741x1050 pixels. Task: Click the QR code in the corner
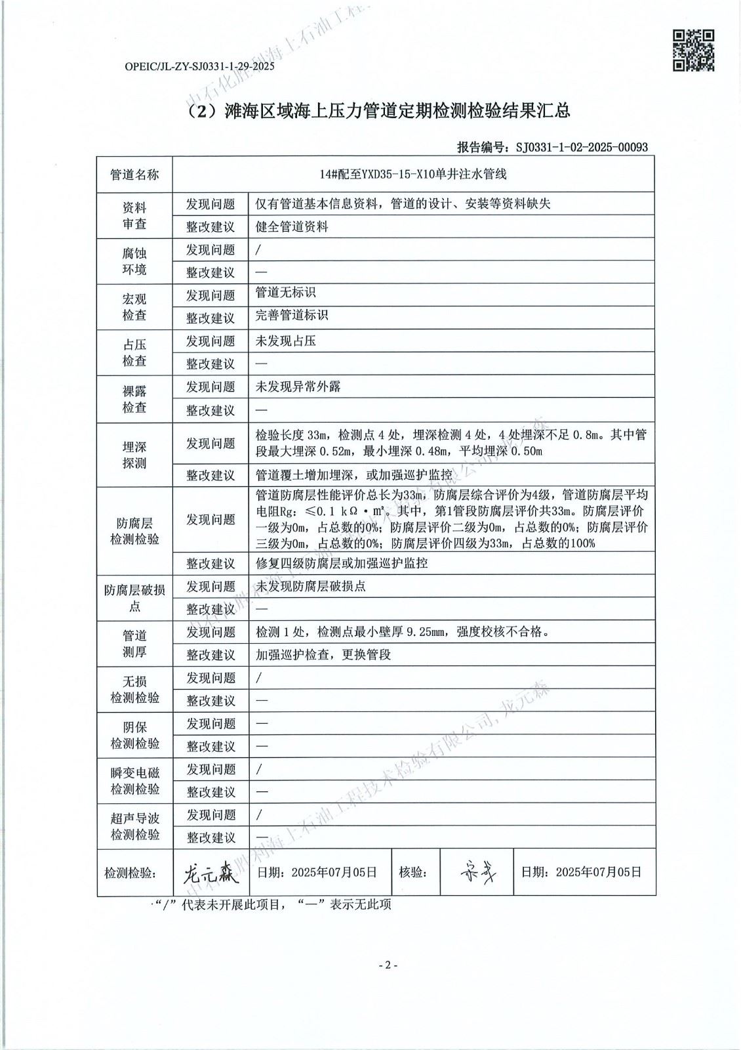tap(694, 51)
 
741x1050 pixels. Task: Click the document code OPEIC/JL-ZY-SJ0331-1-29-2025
tap(199, 66)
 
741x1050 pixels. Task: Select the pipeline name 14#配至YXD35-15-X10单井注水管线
tap(412, 175)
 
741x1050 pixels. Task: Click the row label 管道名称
tap(134, 175)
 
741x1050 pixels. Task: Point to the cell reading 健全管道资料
tap(292, 227)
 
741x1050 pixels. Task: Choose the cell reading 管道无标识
tap(286, 293)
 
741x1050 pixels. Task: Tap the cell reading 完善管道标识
tap(292, 316)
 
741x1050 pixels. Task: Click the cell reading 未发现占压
tap(286, 341)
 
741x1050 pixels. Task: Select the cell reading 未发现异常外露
tap(298, 387)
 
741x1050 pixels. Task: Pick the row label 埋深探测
tap(134, 455)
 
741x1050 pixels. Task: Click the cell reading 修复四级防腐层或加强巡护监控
tap(342, 563)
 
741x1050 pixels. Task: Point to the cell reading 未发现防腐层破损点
tap(311, 586)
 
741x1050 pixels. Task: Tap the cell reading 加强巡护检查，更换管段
tap(323, 655)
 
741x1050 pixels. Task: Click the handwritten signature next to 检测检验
tap(207, 872)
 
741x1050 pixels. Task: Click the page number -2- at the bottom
tap(388, 965)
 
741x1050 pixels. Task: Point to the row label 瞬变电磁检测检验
tap(134, 781)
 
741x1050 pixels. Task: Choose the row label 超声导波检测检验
tap(134, 827)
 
